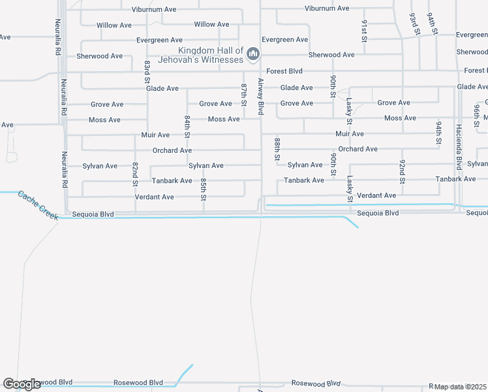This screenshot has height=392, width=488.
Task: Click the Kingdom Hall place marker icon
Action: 254,54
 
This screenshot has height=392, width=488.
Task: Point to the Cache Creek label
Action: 38,204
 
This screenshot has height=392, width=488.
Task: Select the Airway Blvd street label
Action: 260,97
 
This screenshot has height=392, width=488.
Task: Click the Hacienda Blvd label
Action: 459,147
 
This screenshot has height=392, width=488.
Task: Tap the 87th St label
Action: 243,94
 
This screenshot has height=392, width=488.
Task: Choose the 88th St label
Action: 277,149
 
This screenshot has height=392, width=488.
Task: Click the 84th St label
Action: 187,127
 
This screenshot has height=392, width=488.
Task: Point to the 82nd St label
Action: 135,173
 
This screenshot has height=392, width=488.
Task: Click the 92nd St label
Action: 403,170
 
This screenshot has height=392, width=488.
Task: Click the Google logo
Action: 22,384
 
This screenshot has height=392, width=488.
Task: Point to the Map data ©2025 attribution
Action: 460,387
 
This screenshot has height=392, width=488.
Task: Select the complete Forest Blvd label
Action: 284,71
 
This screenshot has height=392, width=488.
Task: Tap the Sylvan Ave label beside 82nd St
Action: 100,166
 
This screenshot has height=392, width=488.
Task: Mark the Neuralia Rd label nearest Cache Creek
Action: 65,170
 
